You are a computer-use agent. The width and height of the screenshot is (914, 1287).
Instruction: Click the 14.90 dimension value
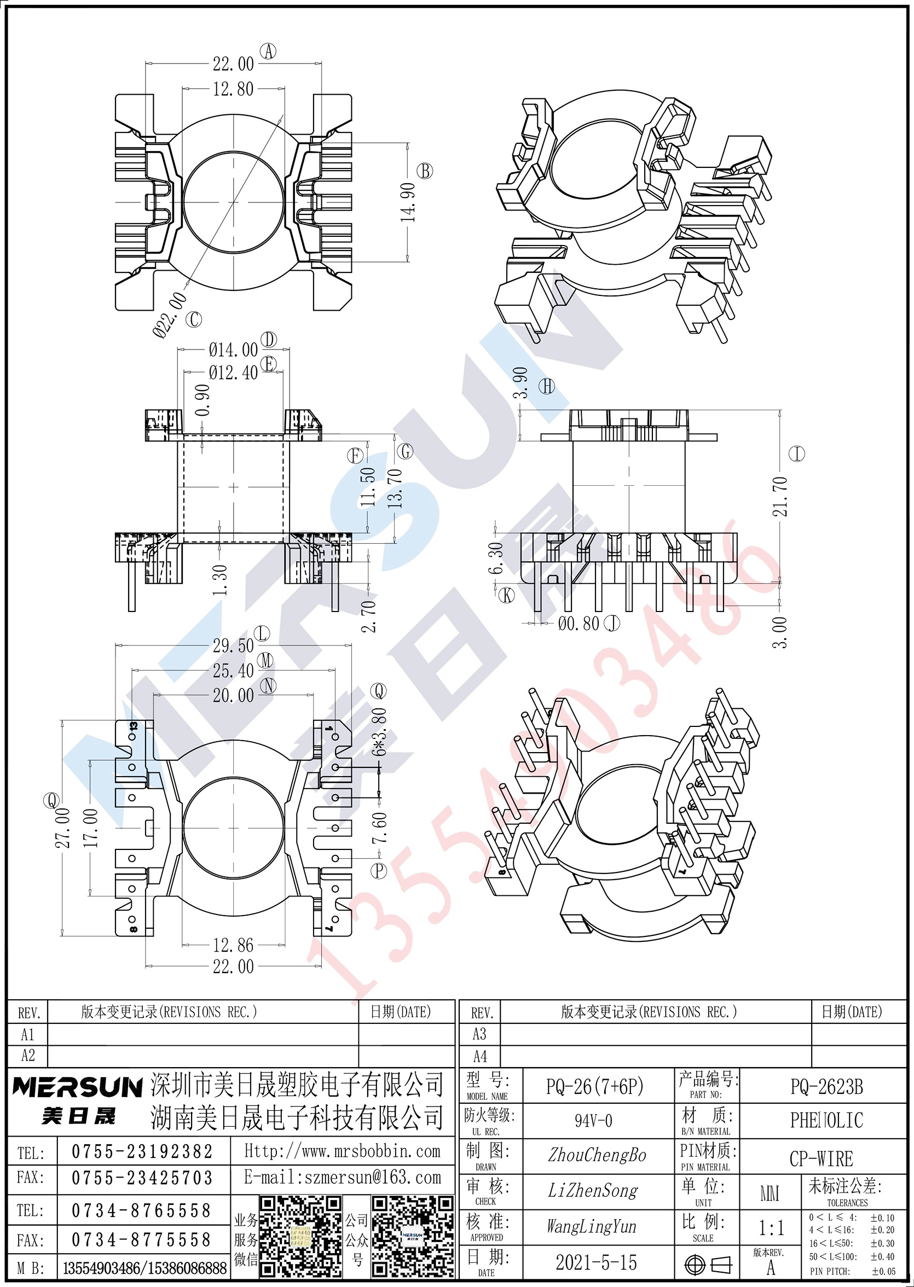point(408,202)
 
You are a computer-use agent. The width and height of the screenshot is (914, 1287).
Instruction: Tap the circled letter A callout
point(268,52)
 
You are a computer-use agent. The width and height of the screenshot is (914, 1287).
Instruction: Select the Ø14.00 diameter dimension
point(233,351)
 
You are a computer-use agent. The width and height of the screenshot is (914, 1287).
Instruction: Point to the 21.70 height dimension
point(779,496)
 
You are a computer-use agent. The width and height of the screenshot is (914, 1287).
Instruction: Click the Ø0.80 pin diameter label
point(579,623)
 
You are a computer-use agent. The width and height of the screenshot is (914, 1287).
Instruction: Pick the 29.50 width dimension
point(233,646)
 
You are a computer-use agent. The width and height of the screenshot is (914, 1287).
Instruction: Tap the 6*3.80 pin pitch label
point(379,731)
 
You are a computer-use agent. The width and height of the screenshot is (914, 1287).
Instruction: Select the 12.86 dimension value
point(233,945)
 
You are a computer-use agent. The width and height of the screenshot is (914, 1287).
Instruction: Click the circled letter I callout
point(797,453)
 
